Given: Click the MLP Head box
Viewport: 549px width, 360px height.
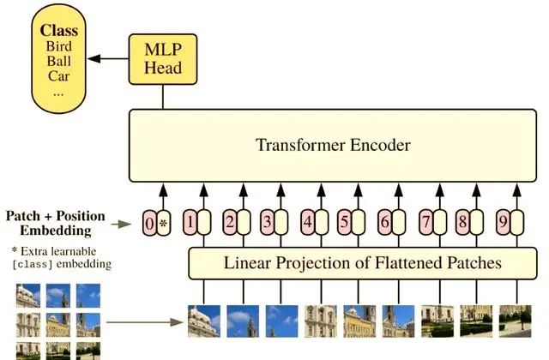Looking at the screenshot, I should click(x=161, y=59).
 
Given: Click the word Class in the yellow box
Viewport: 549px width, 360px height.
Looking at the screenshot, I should click(x=58, y=30).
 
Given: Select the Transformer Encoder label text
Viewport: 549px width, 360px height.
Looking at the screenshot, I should click(x=333, y=145).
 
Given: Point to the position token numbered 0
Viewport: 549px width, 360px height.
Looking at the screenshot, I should click(x=149, y=225).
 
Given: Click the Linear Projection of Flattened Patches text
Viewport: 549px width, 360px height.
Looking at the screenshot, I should click(x=362, y=262).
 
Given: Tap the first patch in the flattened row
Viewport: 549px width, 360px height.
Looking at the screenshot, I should click(x=204, y=321).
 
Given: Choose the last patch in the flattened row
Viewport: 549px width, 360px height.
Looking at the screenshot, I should click(x=515, y=321).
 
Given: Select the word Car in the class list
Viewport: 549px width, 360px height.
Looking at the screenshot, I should click(x=58, y=75).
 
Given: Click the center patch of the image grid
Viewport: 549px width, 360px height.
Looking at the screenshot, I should click(x=58, y=324).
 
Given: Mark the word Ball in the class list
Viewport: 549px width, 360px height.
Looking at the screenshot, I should click(x=58, y=61).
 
